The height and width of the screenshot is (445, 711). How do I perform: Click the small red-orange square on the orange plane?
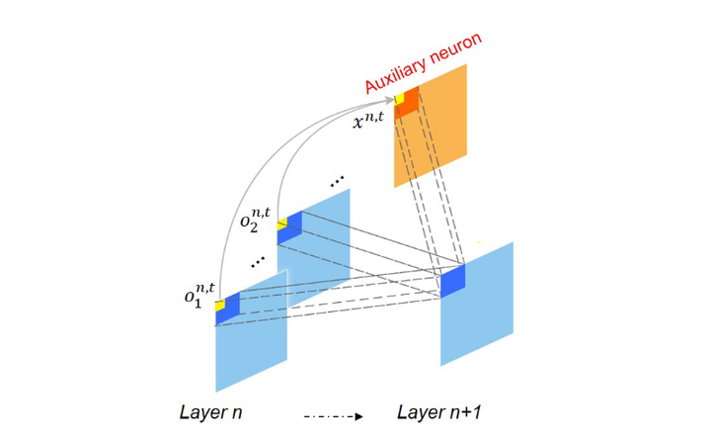point(407,103)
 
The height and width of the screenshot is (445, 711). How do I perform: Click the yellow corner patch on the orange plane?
point(399,97)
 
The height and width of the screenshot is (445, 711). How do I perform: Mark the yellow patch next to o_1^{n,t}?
point(219,306)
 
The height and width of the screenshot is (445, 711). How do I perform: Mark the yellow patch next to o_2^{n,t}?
point(281,223)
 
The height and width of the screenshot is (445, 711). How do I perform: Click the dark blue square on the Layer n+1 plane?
point(452,281)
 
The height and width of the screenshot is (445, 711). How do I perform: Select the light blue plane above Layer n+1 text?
point(478,316)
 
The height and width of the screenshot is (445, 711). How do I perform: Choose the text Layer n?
point(211,411)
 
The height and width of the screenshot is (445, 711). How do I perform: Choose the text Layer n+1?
point(439,411)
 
